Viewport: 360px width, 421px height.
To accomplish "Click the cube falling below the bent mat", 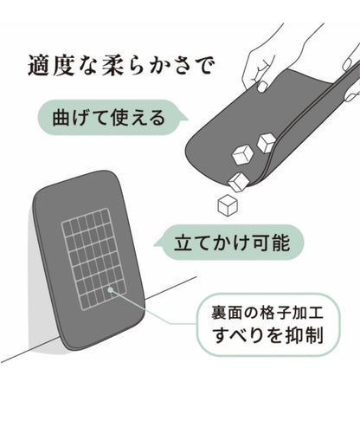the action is [x=228, y=205].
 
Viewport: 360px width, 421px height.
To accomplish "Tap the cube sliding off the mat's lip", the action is [x=238, y=181].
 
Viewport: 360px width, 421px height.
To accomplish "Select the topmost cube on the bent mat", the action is [x=267, y=143].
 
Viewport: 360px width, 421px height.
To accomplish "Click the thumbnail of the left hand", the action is [x=262, y=87].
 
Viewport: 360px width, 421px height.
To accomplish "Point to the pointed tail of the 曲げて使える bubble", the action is [x=185, y=119].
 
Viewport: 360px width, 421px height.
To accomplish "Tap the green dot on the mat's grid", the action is [x=110, y=289].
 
